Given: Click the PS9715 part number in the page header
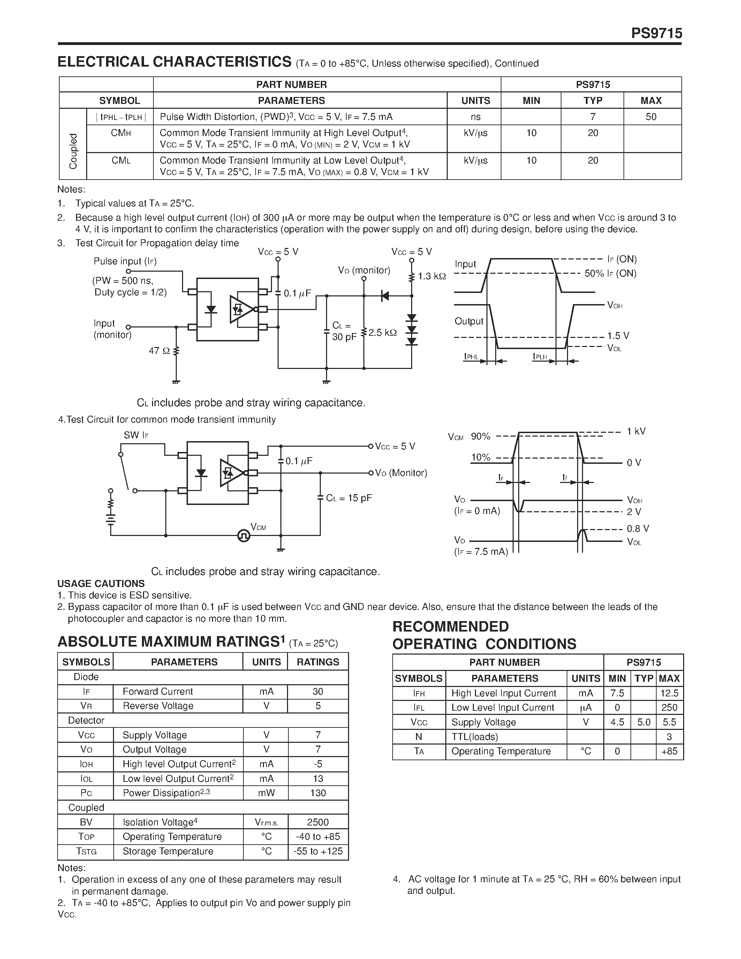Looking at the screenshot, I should pyautogui.click(x=656, y=33).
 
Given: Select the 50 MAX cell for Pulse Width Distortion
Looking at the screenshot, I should pyautogui.click(x=651, y=117).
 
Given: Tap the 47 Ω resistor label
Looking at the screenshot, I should pyautogui.click(x=159, y=351).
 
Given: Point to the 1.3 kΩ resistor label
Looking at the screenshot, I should pyautogui.click(x=431, y=276).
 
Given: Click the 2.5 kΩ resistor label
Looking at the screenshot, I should pyautogui.click(x=382, y=333).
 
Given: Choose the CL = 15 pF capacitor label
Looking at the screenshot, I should pyautogui.click(x=349, y=498).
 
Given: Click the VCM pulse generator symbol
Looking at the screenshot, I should pyautogui.click(x=244, y=535).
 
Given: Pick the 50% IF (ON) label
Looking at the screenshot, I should pyautogui.click(x=610, y=273).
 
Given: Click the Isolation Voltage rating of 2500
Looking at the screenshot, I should pyautogui.click(x=318, y=822).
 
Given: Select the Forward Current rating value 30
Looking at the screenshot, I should pyautogui.click(x=318, y=691).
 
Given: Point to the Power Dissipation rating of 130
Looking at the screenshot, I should pyautogui.click(x=318, y=793).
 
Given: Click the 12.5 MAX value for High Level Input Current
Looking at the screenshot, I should pyautogui.click(x=669, y=693).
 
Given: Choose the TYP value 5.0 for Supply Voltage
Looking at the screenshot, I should pyautogui.click(x=644, y=722).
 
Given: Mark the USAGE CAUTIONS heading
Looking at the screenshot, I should pyautogui.click(x=101, y=583).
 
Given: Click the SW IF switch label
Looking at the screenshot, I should pyautogui.click(x=136, y=435).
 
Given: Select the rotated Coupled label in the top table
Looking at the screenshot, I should pyautogui.click(x=73, y=151).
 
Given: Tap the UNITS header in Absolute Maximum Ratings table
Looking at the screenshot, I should pyautogui.click(x=266, y=662).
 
